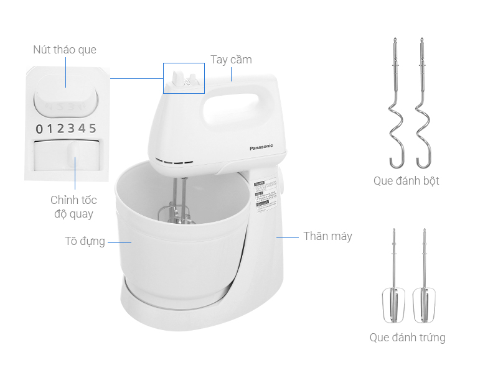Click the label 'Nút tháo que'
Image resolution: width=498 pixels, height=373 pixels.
click(x=65, y=50)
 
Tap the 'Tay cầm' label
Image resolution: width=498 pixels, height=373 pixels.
click(x=231, y=60)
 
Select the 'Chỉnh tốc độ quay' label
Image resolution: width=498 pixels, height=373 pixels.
click(x=73, y=207)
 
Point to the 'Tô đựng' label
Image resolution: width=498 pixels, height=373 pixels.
click(x=85, y=241)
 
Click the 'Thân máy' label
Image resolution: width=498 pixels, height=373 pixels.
click(x=327, y=236)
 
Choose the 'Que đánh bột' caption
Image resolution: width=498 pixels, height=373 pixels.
click(x=406, y=181)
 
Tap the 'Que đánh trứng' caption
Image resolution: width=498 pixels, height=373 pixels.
click(x=407, y=338)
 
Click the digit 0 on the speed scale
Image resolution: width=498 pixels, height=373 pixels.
click(x=40, y=129)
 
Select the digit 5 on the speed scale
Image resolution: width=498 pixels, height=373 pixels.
click(x=93, y=129)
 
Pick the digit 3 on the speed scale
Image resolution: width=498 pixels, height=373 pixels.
click(x=72, y=129)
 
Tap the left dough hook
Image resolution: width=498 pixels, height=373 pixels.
click(x=395, y=106)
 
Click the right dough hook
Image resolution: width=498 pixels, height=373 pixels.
click(x=423, y=106)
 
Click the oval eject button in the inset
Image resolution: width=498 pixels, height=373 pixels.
click(x=66, y=99)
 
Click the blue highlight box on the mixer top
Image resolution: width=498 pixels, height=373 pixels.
click(x=184, y=78)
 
